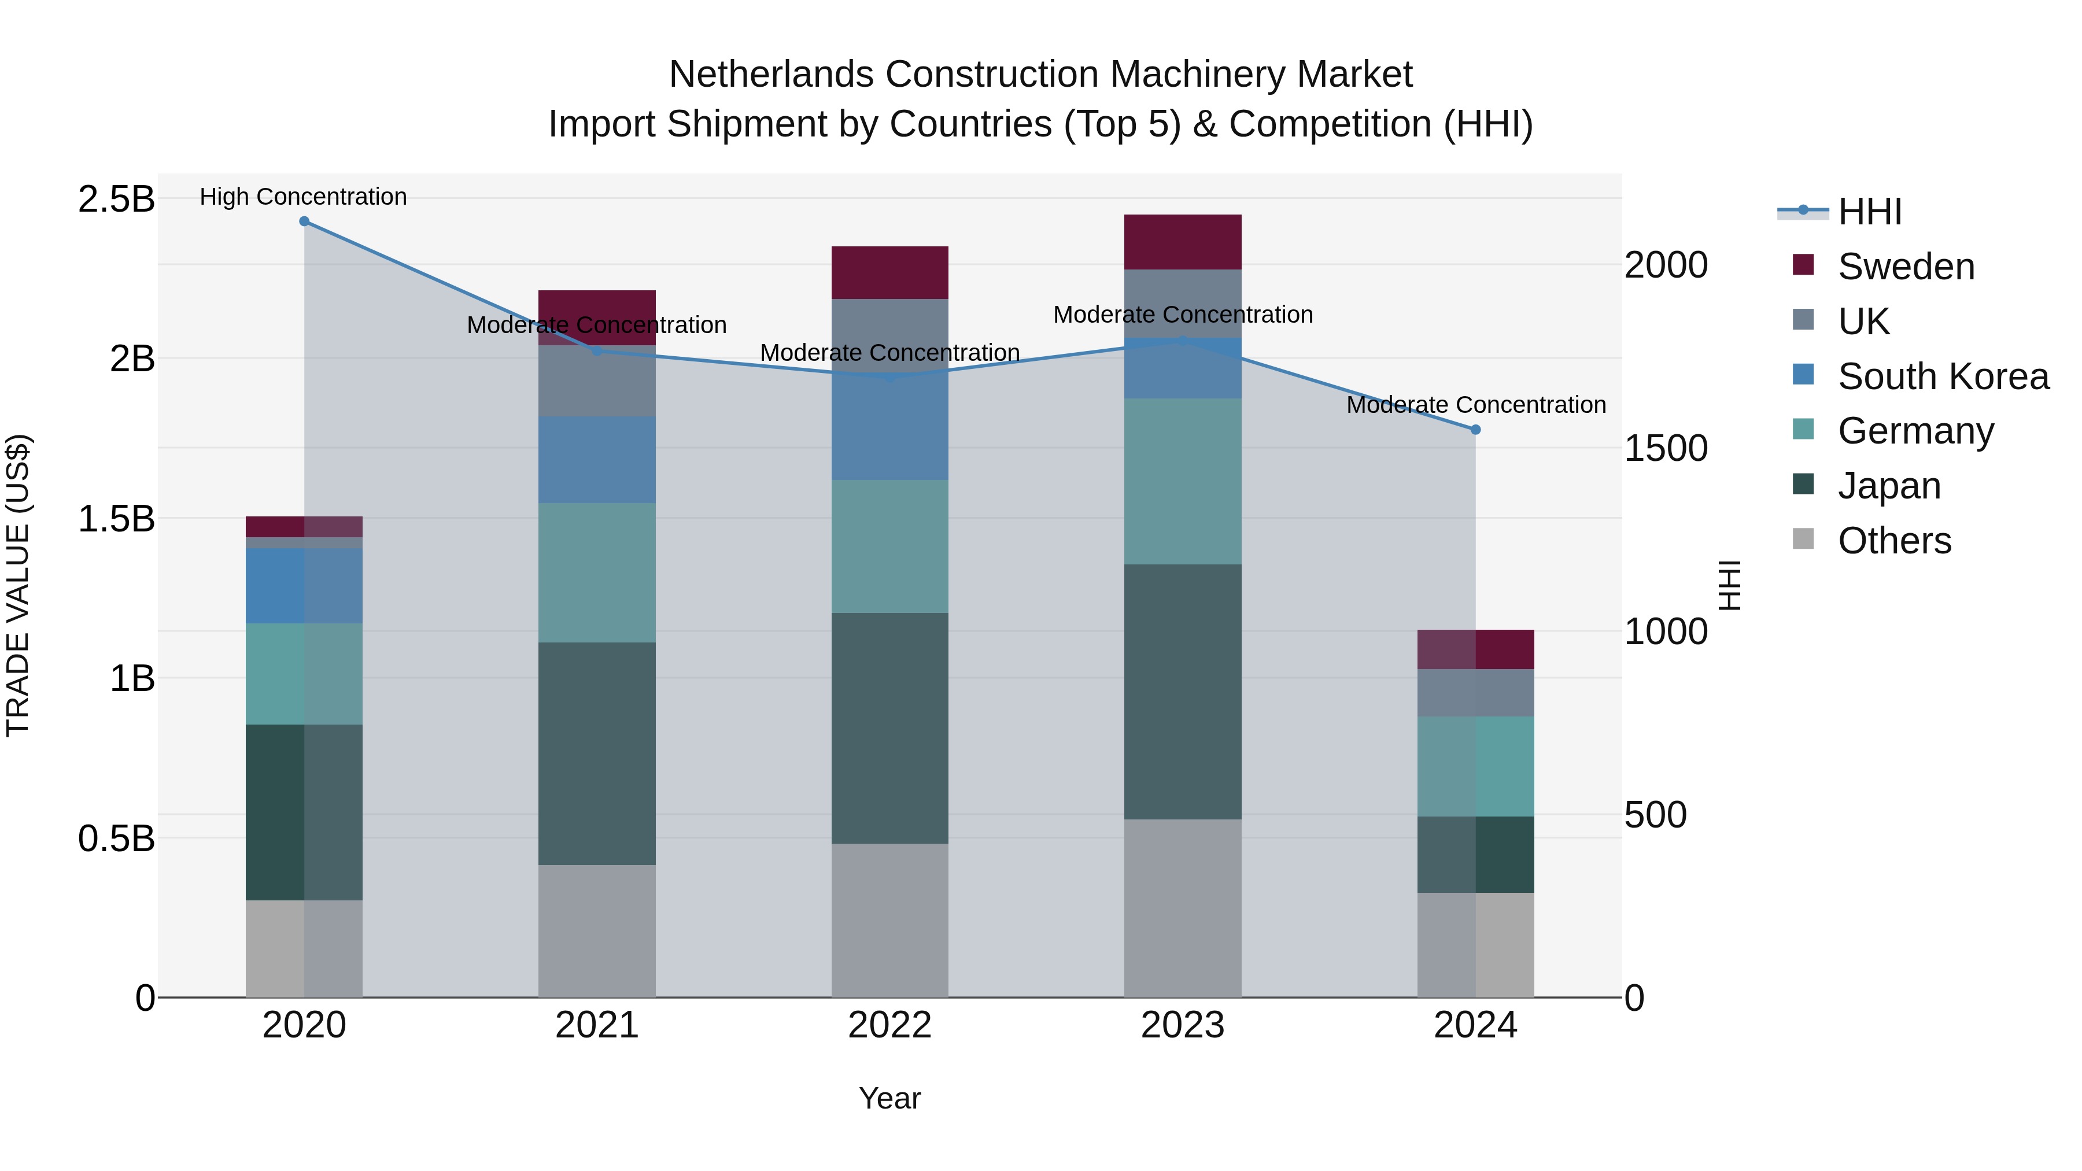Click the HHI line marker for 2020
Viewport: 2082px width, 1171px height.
304,221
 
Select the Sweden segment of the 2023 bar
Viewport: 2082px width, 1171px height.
1183,242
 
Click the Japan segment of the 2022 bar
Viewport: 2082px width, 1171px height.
890,727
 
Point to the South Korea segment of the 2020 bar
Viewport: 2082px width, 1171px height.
304,585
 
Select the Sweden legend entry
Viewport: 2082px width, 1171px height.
1905,267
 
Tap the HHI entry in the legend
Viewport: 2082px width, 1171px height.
1869,212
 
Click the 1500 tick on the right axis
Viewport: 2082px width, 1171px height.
1666,449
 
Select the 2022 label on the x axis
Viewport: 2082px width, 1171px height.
890,1025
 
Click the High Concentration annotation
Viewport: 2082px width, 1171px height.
303,197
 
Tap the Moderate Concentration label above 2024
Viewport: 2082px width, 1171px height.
1476,404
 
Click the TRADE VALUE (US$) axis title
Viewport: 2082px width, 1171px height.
18,585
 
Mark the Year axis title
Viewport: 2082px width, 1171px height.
890,1098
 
